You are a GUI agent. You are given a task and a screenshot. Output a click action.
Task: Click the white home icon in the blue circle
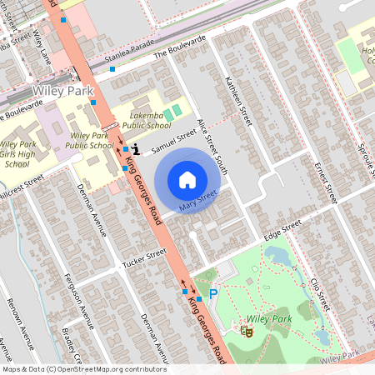(187, 179)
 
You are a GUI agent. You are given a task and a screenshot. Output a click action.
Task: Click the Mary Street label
(197, 199)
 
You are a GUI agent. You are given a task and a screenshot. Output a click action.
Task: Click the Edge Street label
(282, 231)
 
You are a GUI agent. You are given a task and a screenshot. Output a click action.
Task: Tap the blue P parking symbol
(213, 293)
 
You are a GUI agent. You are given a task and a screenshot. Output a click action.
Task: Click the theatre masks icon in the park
(247, 331)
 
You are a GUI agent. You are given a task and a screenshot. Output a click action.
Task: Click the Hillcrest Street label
(21, 185)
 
